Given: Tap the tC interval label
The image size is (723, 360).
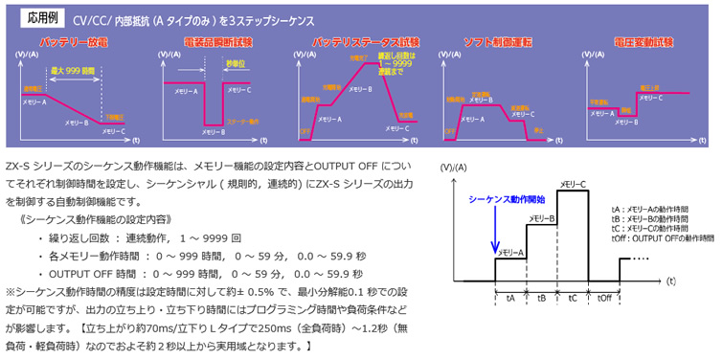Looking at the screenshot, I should [x=572, y=298].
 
